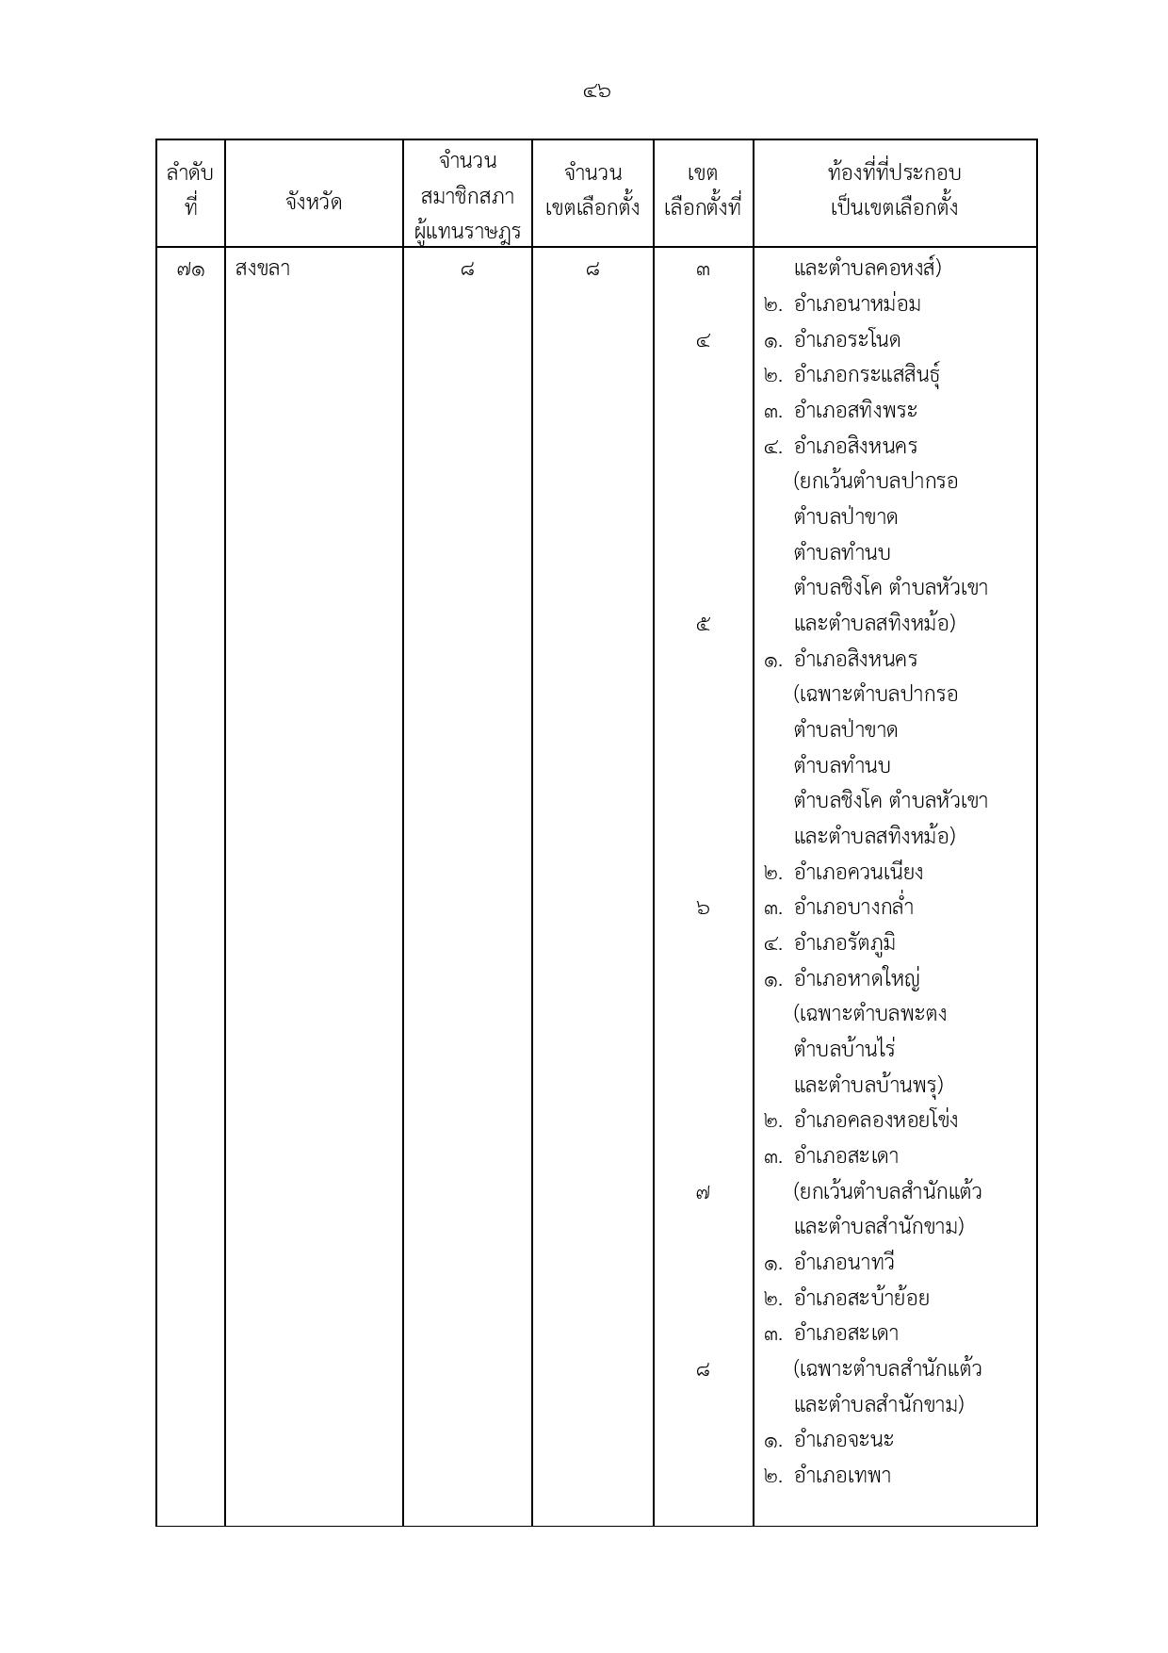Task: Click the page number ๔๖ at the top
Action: click(x=596, y=91)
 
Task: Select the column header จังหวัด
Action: click(x=313, y=201)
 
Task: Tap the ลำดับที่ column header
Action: click(x=190, y=189)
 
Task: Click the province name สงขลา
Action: click(x=263, y=270)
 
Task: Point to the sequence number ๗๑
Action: click(x=190, y=270)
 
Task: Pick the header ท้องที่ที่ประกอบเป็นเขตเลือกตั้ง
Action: click(x=894, y=189)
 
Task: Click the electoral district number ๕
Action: click(x=703, y=624)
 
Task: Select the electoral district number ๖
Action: click(x=703, y=908)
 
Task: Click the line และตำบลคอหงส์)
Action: click(x=867, y=269)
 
